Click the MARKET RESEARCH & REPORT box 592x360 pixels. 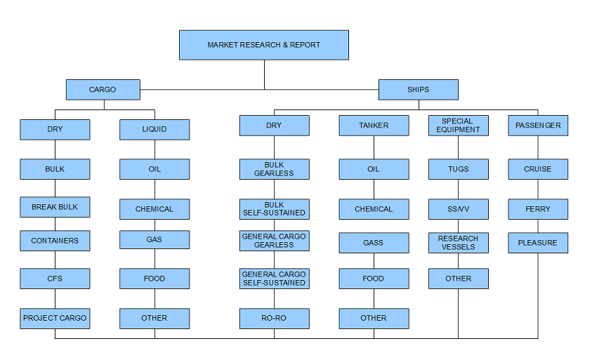point(264,45)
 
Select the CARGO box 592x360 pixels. point(103,89)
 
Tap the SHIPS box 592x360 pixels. point(419,89)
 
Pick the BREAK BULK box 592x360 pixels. point(55,207)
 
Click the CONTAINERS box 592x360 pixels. point(55,241)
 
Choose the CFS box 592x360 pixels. point(55,279)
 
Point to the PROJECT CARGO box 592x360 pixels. point(55,319)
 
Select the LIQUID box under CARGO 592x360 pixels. point(154,129)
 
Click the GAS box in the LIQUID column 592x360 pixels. point(154,239)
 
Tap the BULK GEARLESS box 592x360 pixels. point(275,169)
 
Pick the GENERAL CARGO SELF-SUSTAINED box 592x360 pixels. point(275,279)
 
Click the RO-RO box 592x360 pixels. point(275,319)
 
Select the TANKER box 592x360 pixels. point(374,126)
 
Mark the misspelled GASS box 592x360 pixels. point(374,243)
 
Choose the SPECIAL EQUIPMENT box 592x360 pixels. point(459,126)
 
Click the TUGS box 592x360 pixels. point(459,169)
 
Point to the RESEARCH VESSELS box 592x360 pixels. point(459,243)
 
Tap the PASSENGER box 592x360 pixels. point(538,126)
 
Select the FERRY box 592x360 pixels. point(538,209)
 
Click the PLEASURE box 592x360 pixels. point(538,243)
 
